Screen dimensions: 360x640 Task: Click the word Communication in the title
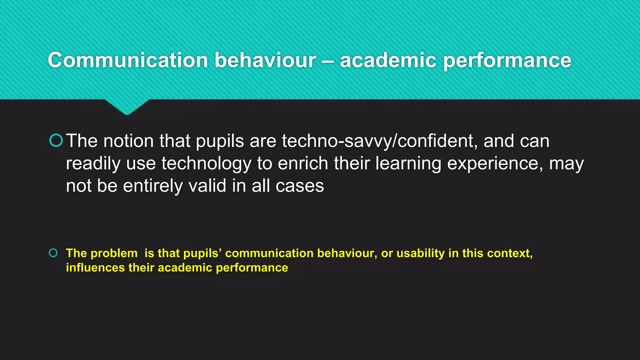(128, 60)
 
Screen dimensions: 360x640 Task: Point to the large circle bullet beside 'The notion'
(56, 140)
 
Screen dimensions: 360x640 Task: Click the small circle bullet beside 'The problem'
(53, 253)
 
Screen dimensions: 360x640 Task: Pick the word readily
(93, 164)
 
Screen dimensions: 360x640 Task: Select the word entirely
(153, 186)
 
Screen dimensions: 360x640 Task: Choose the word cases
(300, 186)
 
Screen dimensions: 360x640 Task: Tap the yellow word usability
(420, 253)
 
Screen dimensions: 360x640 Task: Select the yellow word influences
(95, 268)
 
